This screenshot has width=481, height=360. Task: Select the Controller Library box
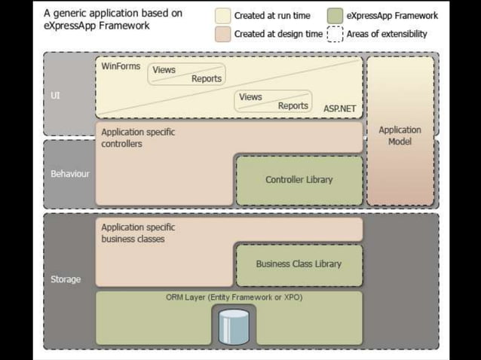pos(299,180)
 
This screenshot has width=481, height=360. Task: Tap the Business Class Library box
pos(299,264)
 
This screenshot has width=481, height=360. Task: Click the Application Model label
pos(400,136)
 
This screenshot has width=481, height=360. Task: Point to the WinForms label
pos(121,66)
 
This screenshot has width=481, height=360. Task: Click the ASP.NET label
pos(339,108)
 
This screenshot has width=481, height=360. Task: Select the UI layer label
pos(55,96)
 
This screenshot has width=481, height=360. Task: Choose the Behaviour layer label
pos(69,174)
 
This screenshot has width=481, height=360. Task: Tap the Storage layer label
pos(66,279)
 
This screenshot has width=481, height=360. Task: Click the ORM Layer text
pos(234,297)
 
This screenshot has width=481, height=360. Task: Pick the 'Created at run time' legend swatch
pos(223,16)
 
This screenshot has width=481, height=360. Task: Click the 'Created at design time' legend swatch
pos(223,34)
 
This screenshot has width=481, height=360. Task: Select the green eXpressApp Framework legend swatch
pos(335,16)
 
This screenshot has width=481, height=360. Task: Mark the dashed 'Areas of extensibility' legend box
pos(335,34)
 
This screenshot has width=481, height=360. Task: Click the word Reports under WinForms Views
pos(207,79)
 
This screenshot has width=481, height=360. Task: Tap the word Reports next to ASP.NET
pos(293,106)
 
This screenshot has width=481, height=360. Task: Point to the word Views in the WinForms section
pos(164,70)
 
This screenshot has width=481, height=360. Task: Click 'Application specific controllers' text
pos(138,138)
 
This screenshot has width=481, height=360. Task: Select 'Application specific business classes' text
pos(138,233)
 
